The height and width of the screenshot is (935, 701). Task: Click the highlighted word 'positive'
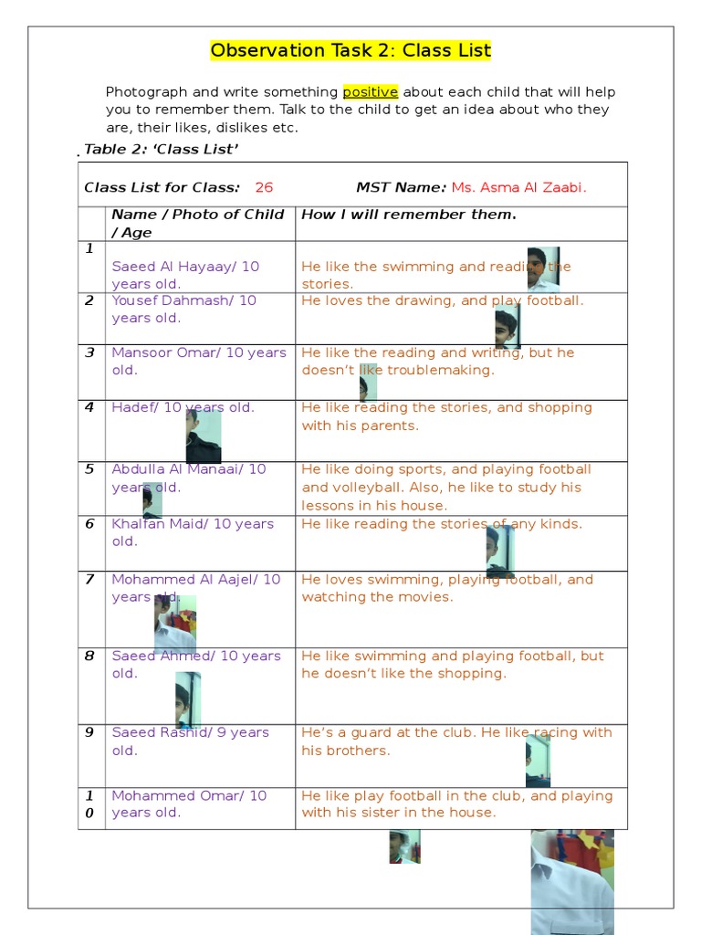[371, 92]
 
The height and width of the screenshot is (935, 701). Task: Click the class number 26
[264, 188]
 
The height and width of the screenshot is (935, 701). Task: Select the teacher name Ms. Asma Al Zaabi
[518, 188]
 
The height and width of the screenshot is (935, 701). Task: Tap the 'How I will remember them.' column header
[408, 215]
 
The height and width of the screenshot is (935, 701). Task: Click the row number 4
[89, 408]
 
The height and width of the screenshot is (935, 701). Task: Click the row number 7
[89, 580]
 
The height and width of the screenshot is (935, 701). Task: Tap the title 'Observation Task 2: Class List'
[350, 51]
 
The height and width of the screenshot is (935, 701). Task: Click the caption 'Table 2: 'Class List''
[162, 150]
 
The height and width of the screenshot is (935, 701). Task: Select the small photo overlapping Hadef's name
[203, 436]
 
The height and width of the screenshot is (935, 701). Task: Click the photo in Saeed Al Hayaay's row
[543, 268]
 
